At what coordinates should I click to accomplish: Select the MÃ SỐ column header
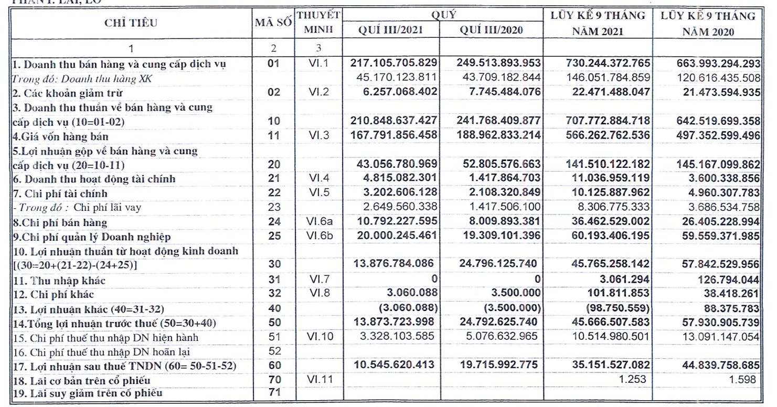pyautogui.click(x=273, y=23)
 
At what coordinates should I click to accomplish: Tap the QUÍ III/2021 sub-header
pyautogui.click(x=391, y=30)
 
